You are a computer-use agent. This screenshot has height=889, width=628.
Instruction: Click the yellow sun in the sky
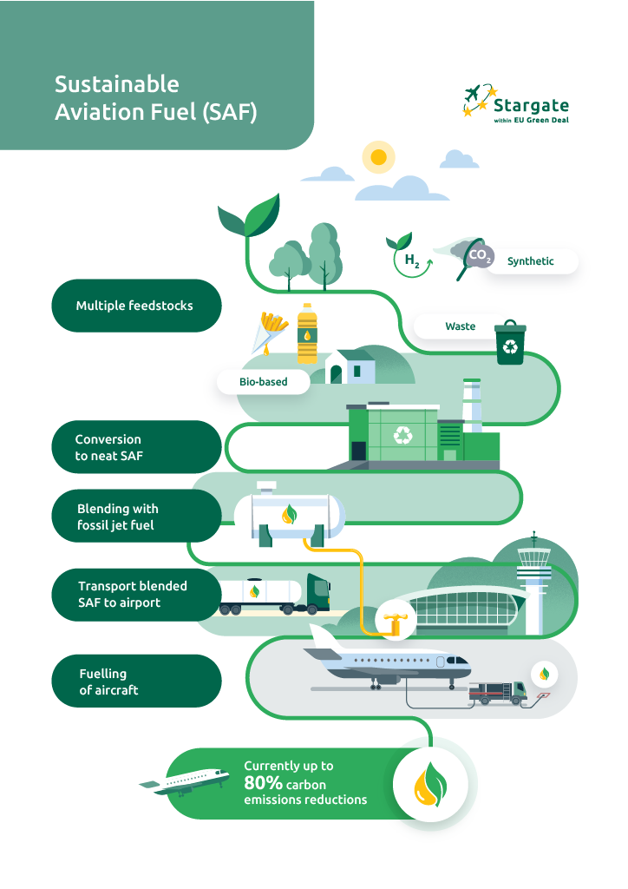coord(377,157)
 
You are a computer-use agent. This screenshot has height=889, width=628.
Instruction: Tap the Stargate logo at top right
coord(515,103)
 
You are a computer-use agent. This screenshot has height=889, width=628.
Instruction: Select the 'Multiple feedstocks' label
coord(134,306)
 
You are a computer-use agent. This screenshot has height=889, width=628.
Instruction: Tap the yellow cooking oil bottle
coord(307,333)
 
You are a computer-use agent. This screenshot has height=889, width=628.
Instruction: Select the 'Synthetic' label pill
coord(530,260)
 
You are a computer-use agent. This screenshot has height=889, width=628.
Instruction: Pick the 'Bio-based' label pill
coord(263,381)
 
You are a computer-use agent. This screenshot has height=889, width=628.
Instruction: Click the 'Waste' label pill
coord(460,326)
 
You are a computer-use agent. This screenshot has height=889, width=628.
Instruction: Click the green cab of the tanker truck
coord(318,593)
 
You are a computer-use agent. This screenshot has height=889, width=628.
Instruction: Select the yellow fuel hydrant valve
coord(390,622)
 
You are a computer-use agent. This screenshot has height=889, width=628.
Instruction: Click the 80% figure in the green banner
coord(264,783)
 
